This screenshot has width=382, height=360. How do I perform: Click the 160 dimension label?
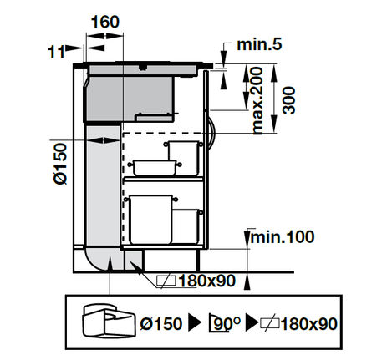click(105, 22)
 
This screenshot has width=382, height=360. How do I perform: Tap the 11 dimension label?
click(56, 52)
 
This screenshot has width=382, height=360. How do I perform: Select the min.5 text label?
click(259, 44)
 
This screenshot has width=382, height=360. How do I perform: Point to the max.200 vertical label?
click(257, 100)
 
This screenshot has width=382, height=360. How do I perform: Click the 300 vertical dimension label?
click(288, 100)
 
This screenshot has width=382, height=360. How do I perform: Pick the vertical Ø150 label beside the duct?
click(60, 164)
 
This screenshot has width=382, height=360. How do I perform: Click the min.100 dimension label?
click(283, 237)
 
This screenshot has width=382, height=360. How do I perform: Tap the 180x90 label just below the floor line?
click(206, 281)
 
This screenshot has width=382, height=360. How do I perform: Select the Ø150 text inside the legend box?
click(161, 323)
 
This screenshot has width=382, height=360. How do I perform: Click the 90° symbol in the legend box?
click(225, 323)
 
